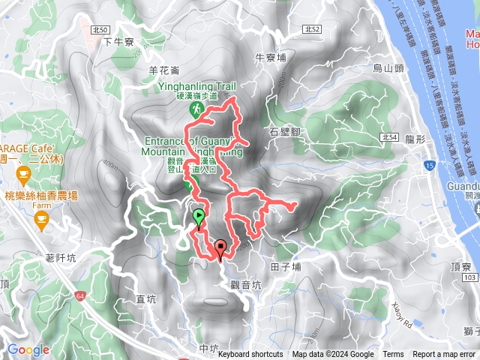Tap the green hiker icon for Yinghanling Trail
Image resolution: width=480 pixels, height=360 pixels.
[x=196, y=109]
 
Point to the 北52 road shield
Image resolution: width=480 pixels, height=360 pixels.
[x=313, y=28]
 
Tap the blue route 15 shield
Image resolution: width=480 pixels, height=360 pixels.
[x=428, y=164]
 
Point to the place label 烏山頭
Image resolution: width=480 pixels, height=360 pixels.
[x=388, y=69]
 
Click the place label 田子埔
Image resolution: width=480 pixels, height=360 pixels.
[x=286, y=266]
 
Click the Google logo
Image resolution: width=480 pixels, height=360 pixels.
[x=28, y=349]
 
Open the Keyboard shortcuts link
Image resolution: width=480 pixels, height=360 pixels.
[x=250, y=355]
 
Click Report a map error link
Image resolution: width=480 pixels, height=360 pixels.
[x=444, y=355]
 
